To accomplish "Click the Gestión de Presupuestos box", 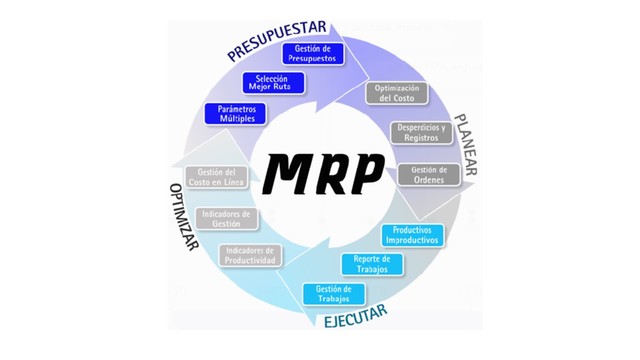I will click(313, 53).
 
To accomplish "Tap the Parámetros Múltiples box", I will click(236, 112).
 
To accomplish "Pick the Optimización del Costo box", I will click(395, 93).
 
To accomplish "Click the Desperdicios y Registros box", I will click(423, 132).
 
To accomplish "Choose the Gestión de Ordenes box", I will click(428, 173).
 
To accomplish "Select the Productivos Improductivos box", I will click(412, 235).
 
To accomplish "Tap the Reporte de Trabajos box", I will click(371, 264).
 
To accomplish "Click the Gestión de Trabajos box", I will click(333, 293).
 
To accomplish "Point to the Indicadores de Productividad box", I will click(251, 255).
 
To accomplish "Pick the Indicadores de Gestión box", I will click(227, 218).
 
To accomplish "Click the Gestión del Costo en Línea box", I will click(217, 177).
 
